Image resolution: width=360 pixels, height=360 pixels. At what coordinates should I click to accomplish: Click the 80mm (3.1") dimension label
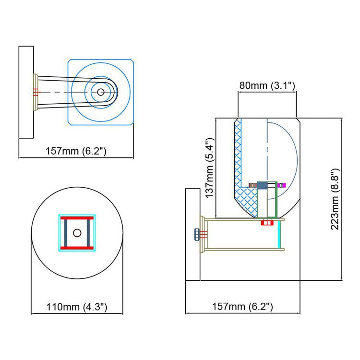tap(267, 85)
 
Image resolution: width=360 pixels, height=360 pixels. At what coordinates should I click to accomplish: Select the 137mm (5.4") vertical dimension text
tap(210, 168)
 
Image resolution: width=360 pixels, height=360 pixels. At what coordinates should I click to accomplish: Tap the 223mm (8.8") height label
tap(335, 199)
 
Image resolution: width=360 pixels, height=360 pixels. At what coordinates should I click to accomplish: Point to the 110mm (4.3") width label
tap(77, 307)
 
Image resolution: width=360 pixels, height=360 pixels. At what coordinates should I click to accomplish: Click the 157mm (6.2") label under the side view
tap(242, 307)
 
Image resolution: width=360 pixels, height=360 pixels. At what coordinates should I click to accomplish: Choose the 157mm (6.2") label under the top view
tap(76, 151)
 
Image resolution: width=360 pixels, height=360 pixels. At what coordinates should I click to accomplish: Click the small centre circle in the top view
tap(101, 92)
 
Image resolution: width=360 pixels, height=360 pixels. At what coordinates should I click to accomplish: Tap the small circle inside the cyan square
tap(77, 233)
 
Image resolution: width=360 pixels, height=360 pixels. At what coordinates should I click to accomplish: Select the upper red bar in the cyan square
tap(77, 218)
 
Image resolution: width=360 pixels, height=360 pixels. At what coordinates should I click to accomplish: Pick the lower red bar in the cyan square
tap(77, 248)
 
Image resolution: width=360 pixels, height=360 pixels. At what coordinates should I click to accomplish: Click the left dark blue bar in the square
tap(66, 233)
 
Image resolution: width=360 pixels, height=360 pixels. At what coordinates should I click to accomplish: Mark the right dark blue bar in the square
tap(88, 233)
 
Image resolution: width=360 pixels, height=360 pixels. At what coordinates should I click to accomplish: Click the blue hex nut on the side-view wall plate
tap(197, 234)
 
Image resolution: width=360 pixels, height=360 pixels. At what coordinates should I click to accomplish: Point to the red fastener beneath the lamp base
tap(267, 222)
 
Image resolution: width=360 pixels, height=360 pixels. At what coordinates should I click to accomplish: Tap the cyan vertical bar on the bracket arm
tap(279, 234)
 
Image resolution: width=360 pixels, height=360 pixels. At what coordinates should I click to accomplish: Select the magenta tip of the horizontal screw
tap(282, 185)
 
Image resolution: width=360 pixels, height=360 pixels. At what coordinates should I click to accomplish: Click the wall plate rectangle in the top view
tap(26, 92)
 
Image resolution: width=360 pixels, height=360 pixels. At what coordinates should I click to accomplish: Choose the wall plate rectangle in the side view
tap(192, 234)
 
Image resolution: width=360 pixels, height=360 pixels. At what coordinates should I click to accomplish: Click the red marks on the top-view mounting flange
tap(36, 92)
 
